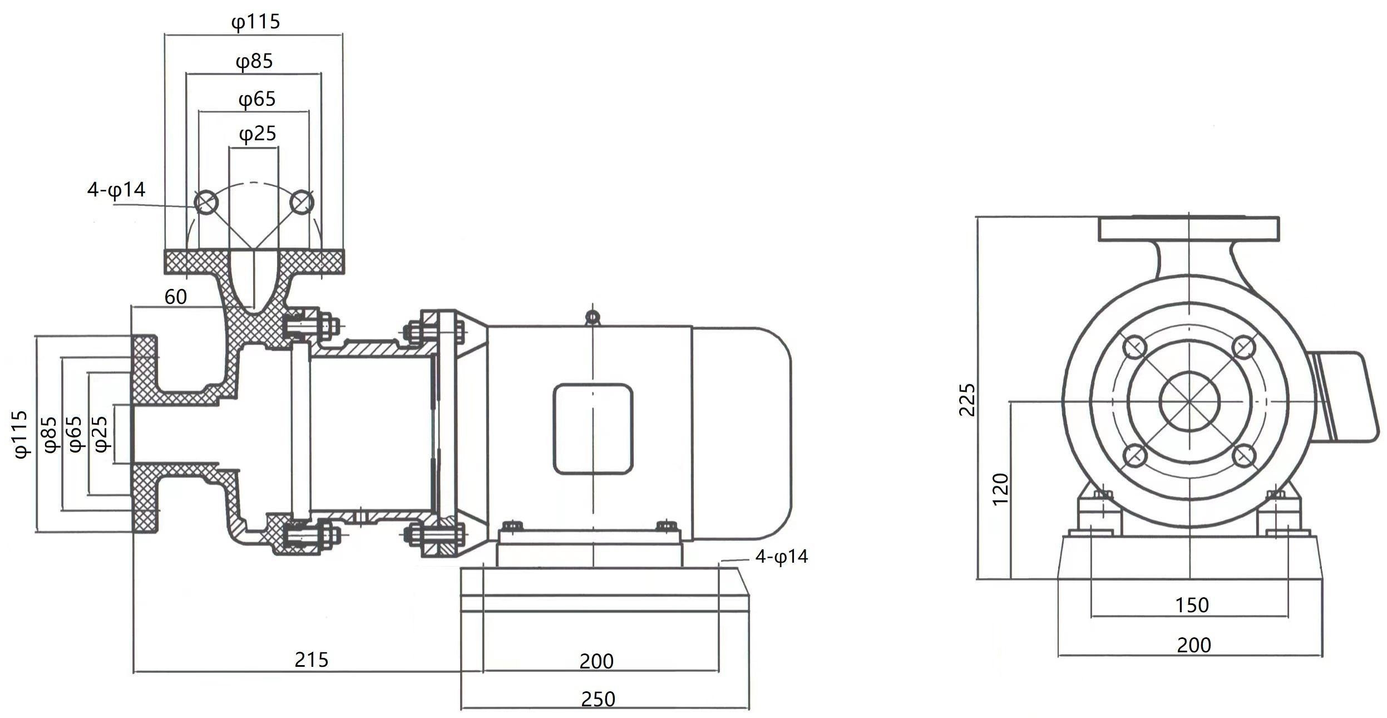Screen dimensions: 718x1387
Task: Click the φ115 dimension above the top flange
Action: (255, 22)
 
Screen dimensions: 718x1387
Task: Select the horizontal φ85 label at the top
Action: (254, 61)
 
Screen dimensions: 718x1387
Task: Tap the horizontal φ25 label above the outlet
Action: (258, 134)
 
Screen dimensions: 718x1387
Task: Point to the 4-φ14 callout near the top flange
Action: (116, 190)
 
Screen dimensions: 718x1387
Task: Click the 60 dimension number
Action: (175, 297)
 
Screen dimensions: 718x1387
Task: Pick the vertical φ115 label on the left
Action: (21, 434)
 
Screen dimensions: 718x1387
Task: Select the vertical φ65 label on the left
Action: (75, 434)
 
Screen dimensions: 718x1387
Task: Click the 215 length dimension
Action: (311, 660)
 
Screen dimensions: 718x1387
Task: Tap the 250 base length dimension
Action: (598, 699)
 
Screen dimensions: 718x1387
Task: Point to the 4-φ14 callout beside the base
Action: (781, 557)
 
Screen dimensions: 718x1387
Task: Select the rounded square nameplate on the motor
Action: (593, 429)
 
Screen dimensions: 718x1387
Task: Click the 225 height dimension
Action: (968, 400)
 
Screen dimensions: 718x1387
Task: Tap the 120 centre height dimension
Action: (1000, 489)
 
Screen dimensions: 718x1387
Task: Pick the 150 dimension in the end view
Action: (1192, 605)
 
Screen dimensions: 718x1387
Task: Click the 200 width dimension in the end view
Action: (1193, 645)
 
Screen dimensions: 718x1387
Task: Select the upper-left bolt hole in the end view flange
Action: (1134, 348)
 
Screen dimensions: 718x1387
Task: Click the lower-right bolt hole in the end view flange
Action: (1244, 456)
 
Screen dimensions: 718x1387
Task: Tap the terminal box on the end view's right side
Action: (1346, 396)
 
